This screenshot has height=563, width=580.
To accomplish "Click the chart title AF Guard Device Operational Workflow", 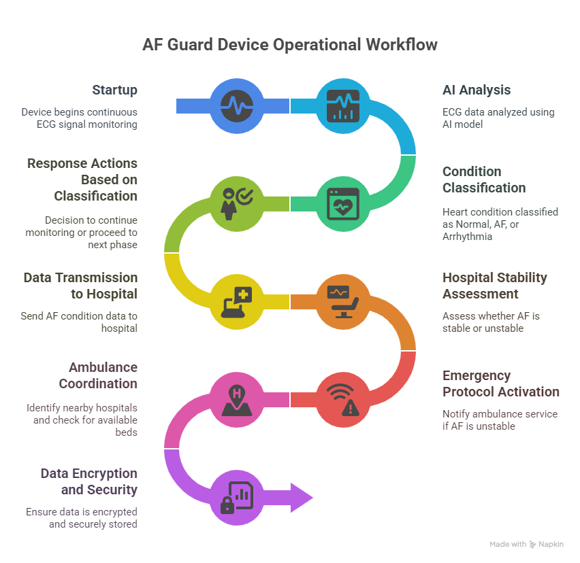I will [290, 45].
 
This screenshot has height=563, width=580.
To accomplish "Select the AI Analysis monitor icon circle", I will [342, 105].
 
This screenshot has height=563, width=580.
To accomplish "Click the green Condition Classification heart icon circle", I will [342, 202].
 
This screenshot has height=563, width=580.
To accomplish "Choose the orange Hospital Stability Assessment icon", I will [342, 301].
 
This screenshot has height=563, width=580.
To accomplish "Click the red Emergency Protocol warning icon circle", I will [342, 398].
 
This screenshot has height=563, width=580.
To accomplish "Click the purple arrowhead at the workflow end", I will [301, 498].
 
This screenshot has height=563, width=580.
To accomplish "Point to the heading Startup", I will [114, 90].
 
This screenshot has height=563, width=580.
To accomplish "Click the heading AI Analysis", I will [477, 90].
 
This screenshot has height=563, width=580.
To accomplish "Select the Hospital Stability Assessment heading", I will [494, 286].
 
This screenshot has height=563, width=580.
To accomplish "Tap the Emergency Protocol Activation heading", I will [500, 383].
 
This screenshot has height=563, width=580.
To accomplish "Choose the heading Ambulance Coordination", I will [98, 375].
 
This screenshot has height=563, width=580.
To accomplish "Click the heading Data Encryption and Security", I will [88, 481].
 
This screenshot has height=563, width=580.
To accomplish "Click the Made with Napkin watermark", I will [526, 545].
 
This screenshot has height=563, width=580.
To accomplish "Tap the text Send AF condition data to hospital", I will [80, 322].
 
